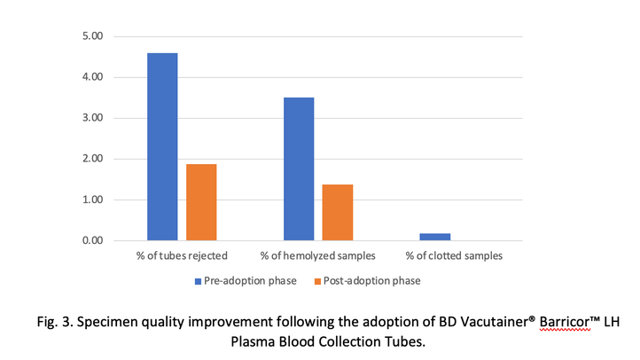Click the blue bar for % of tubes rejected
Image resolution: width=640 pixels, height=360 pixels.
tap(162, 146)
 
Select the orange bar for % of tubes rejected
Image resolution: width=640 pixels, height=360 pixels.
tap(201, 202)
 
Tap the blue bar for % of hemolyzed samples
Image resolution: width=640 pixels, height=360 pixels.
tap(299, 168)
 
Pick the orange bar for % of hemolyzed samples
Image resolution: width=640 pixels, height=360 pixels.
tap(338, 213)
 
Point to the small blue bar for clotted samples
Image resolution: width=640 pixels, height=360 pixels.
tap(434, 237)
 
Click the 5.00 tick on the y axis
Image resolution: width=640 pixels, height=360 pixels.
tap(92, 36)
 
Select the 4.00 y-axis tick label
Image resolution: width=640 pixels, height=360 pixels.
tap(92, 77)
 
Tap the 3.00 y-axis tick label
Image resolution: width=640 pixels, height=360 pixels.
tap(92, 118)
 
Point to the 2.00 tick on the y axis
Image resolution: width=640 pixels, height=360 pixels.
tap(92, 159)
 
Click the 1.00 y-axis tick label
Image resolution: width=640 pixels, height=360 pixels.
tap(92, 200)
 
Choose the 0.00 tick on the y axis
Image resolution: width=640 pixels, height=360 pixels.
tap(92, 240)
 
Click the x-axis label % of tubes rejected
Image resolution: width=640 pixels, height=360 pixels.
tap(182, 256)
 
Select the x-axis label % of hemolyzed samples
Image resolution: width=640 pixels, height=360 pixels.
tap(317, 256)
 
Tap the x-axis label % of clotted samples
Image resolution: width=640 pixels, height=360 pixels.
tap(454, 256)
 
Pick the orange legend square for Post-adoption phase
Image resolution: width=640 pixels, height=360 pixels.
tap(318, 281)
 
